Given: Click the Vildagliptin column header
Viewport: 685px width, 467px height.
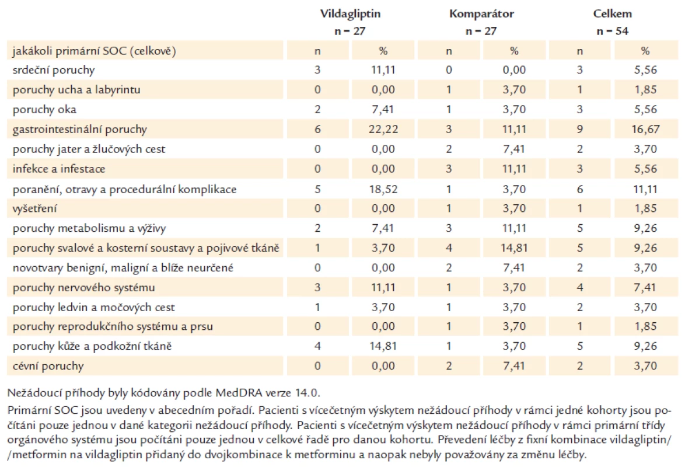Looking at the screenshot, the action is (x=350, y=14).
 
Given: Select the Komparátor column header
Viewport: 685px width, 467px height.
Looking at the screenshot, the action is (x=481, y=14).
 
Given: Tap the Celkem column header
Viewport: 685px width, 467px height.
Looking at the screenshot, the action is (x=613, y=14).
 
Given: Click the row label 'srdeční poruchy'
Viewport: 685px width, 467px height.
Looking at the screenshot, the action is (x=54, y=70).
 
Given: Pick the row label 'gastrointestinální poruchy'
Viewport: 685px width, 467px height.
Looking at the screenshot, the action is (x=80, y=130).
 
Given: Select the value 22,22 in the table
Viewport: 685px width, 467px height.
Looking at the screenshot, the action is (x=383, y=130).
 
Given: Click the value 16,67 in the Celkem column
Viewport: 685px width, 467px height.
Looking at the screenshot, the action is (x=645, y=130).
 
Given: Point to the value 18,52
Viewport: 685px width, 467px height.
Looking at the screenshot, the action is (x=383, y=189).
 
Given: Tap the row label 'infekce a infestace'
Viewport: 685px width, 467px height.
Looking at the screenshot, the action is (x=59, y=169).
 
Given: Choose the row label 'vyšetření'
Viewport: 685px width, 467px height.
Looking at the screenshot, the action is (x=34, y=208).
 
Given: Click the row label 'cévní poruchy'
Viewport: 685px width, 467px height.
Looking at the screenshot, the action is (x=48, y=366).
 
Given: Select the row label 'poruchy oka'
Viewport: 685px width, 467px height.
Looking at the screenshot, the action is (x=44, y=109).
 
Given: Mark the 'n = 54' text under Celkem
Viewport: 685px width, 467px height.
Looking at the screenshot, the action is (x=613, y=31).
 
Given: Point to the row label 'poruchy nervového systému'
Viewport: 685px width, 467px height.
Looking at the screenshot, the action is (x=84, y=288).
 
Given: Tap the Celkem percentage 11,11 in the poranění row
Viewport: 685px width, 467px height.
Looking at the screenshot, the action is (x=645, y=189).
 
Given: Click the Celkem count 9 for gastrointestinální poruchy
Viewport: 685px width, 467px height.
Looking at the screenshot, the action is (x=580, y=130).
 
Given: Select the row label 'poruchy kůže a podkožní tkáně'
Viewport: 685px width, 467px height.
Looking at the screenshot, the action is (x=92, y=346).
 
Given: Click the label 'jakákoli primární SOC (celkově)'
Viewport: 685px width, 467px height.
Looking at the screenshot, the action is (x=95, y=51).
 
